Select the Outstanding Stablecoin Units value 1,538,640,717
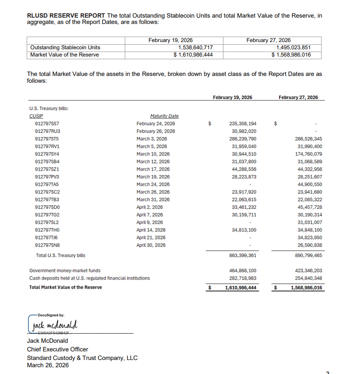click(195, 47)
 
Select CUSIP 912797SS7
click(47, 123)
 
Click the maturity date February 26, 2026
click(156, 131)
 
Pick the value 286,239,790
click(243, 139)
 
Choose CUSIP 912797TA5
click(47, 185)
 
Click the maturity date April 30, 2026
click(151, 245)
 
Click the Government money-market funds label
click(65, 270)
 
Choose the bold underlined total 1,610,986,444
click(241, 288)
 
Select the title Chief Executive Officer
click(57, 349)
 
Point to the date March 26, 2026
click(48, 365)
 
